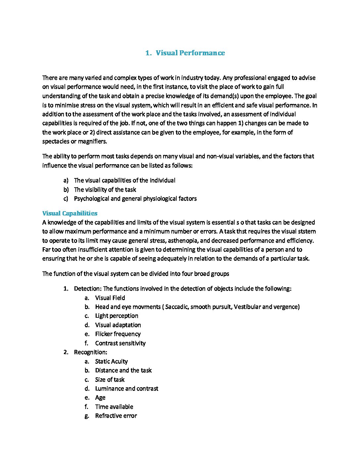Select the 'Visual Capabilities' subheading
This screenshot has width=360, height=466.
(x=70, y=213)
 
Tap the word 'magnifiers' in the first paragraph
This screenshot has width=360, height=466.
(x=92, y=142)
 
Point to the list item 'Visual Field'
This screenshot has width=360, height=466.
(x=110, y=298)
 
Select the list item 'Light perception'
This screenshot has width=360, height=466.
(x=116, y=316)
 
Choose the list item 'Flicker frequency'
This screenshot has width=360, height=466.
(x=118, y=334)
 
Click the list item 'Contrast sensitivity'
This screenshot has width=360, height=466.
(x=120, y=343)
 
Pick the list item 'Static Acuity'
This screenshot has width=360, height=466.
(x=111, y=361)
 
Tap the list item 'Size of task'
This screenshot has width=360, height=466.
(x=110, y=380)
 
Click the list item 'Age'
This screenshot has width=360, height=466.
(x=100, y=398)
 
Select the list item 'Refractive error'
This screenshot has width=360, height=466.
(x=116, y=416)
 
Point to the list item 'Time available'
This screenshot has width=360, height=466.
(x=114, y=407)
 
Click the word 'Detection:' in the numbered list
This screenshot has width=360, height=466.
(x=88, y=289)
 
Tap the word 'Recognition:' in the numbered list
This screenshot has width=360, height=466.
(x=90, y=352)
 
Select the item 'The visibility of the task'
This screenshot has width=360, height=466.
(x=105, y=190)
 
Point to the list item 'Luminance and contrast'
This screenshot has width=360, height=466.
(x=126, y=389)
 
